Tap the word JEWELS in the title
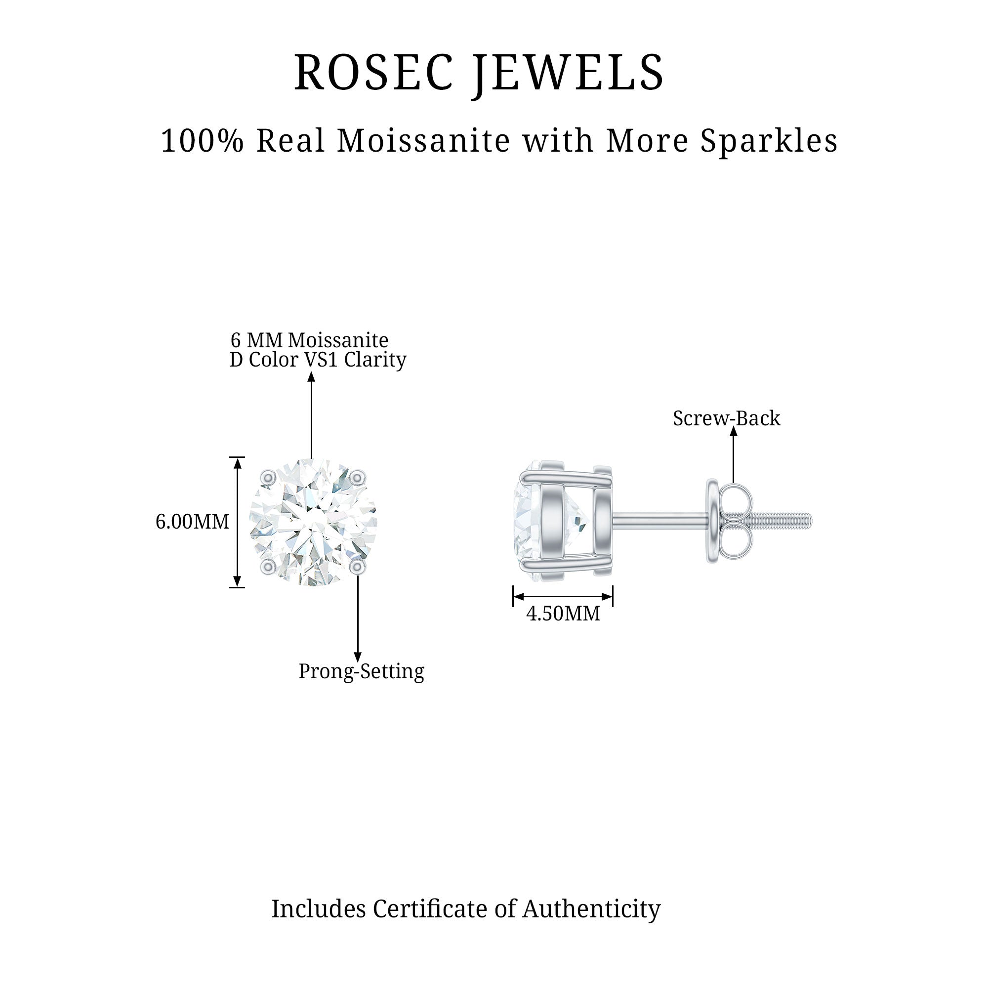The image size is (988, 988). coord(568,73)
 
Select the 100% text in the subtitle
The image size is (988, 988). coord(202,141)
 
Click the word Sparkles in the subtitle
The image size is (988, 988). coord(769,141)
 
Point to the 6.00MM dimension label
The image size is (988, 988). coord(192,522)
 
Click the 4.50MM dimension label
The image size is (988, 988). coord(563,614)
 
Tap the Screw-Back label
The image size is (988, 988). coord(726,418)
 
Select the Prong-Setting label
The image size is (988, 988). coord(361,671)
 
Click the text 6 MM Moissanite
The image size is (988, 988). coord(309,340)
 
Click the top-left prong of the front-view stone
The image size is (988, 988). coord(267,478)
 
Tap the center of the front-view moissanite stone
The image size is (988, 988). coord(313,522)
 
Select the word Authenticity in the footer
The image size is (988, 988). coord(591,909)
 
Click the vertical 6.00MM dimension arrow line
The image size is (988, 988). coord(237,522)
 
